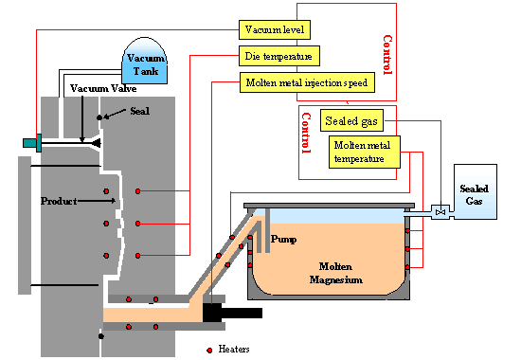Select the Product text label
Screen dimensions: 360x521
point(58,201)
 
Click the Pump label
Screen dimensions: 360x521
point(284,240)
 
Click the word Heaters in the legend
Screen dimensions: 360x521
point(232,350)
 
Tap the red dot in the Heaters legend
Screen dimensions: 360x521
point(208,350)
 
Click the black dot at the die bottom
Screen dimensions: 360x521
point(100,335)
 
